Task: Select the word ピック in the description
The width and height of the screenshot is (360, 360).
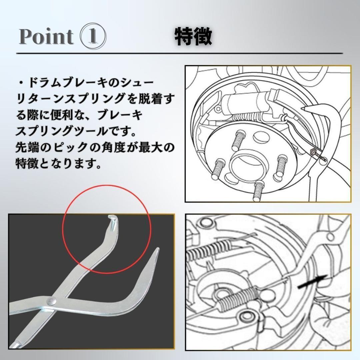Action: (x=81, y=147)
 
